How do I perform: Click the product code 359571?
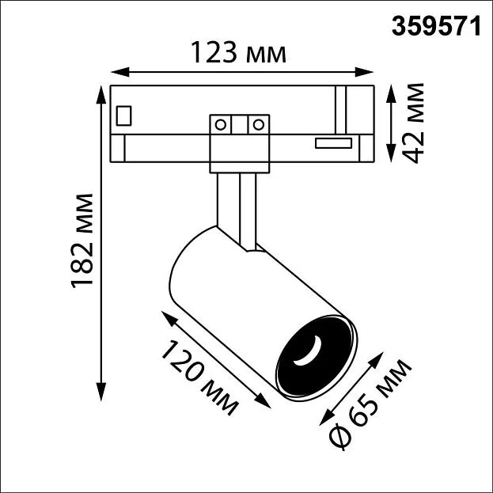click(x=436, y=26)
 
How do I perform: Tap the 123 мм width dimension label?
click(x=239, y=52)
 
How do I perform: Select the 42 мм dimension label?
click(x=412, y=123)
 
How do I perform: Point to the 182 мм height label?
click(x=82, y=241)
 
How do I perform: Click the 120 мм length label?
click(x=199, y=377)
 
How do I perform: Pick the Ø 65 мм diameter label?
click(x=370, y=404)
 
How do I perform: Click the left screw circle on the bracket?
click(x=221, y=124)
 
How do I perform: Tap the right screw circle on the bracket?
click(x=259, y=124)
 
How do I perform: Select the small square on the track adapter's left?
click(x=123, y=116)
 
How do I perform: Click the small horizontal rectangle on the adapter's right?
click(x=333, y=143)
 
